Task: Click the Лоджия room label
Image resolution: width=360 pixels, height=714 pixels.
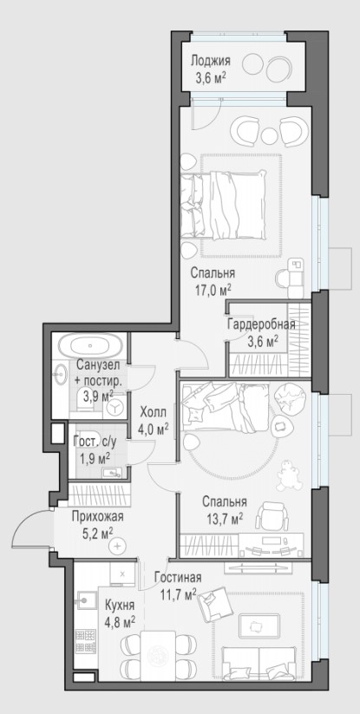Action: click(x=210, y=61)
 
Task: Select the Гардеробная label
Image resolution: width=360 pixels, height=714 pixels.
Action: click(x=261, y=324)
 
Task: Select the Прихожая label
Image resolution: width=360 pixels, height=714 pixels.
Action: click(x=98, y=516)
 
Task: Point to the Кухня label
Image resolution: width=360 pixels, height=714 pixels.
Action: click(x=120, y=606)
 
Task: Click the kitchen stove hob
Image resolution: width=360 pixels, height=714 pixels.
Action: click(x=86, y=641)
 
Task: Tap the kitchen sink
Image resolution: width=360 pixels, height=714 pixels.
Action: click(x=86, y=599)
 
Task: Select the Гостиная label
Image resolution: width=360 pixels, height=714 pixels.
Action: click(x=178, y=579)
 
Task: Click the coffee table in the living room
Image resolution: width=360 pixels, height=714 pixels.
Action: click(x=259, y=627)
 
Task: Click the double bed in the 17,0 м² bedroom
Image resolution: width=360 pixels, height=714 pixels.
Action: click(x=223, y=205)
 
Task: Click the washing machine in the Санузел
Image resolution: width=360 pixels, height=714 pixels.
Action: click(x=115, y=406)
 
